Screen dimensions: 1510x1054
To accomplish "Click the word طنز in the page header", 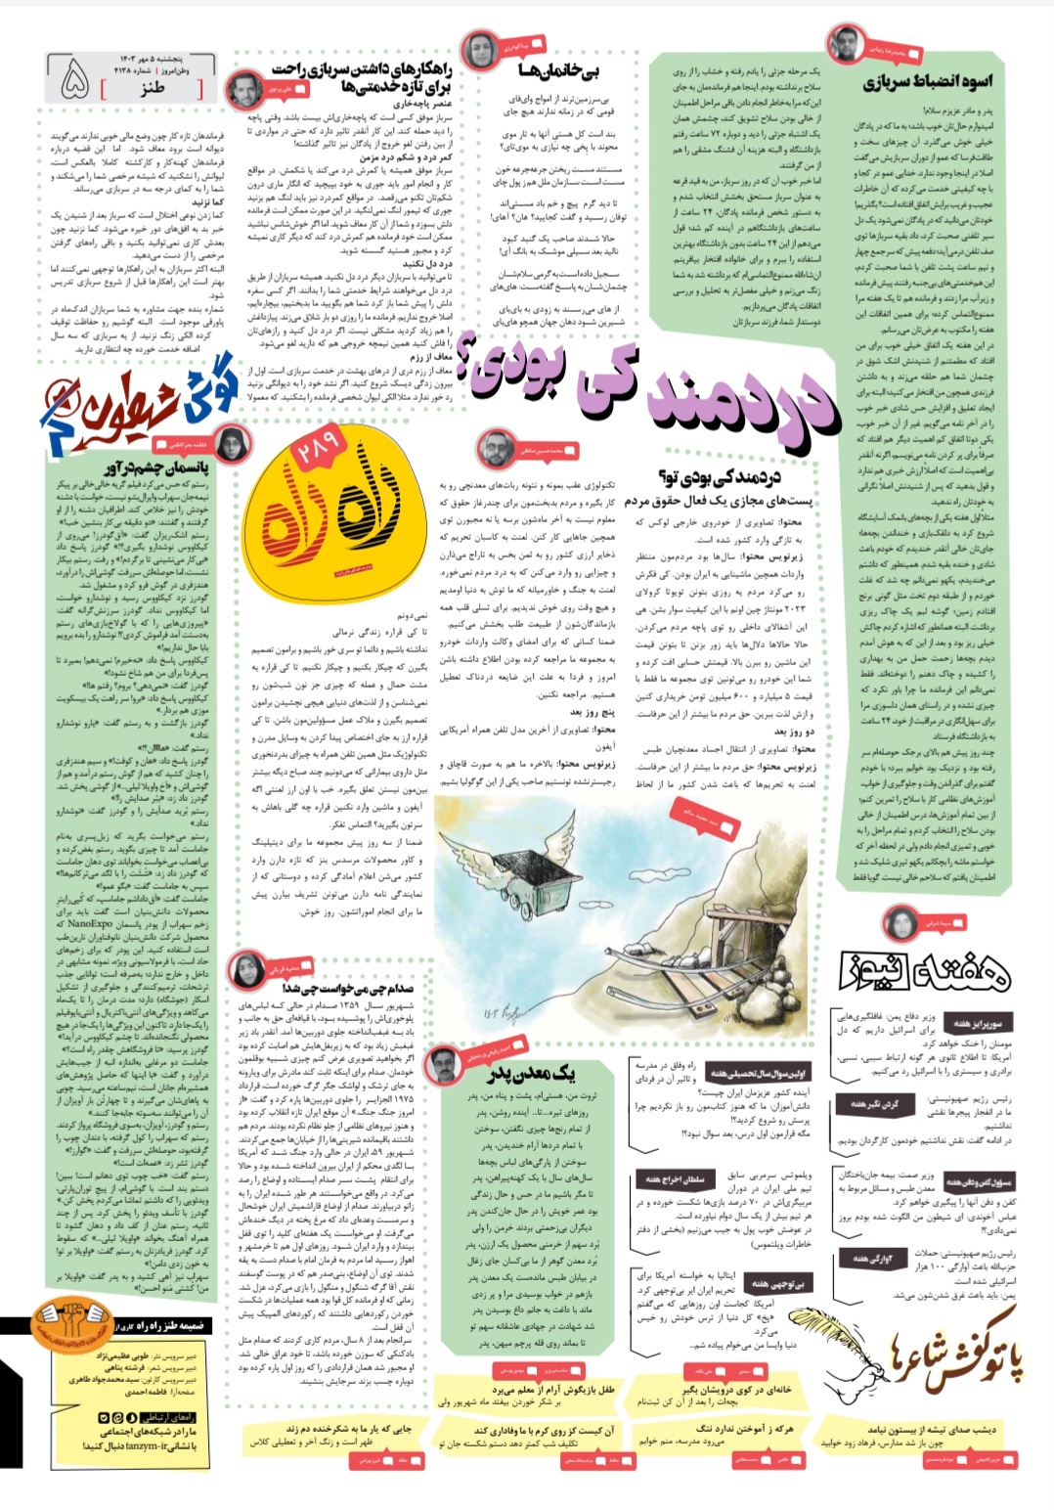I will click(x=152, y=88).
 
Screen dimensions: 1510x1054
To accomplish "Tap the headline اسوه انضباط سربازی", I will click(x=927, y=82).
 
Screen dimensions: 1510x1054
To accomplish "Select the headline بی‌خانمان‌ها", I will click(x=558, y=70).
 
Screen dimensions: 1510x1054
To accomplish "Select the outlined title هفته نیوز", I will click(x=925, y=968).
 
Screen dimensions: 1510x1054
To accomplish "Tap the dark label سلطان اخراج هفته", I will click(x=670, y=1179).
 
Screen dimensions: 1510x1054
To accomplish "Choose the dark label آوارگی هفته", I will click(x=874, y=1258).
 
